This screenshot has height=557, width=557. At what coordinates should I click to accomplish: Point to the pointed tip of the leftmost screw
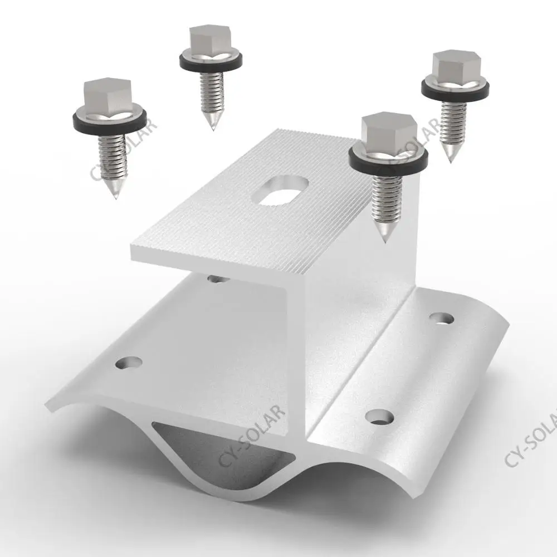coord(114,196)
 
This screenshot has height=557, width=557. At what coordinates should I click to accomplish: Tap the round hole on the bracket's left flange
coord(128,364)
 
